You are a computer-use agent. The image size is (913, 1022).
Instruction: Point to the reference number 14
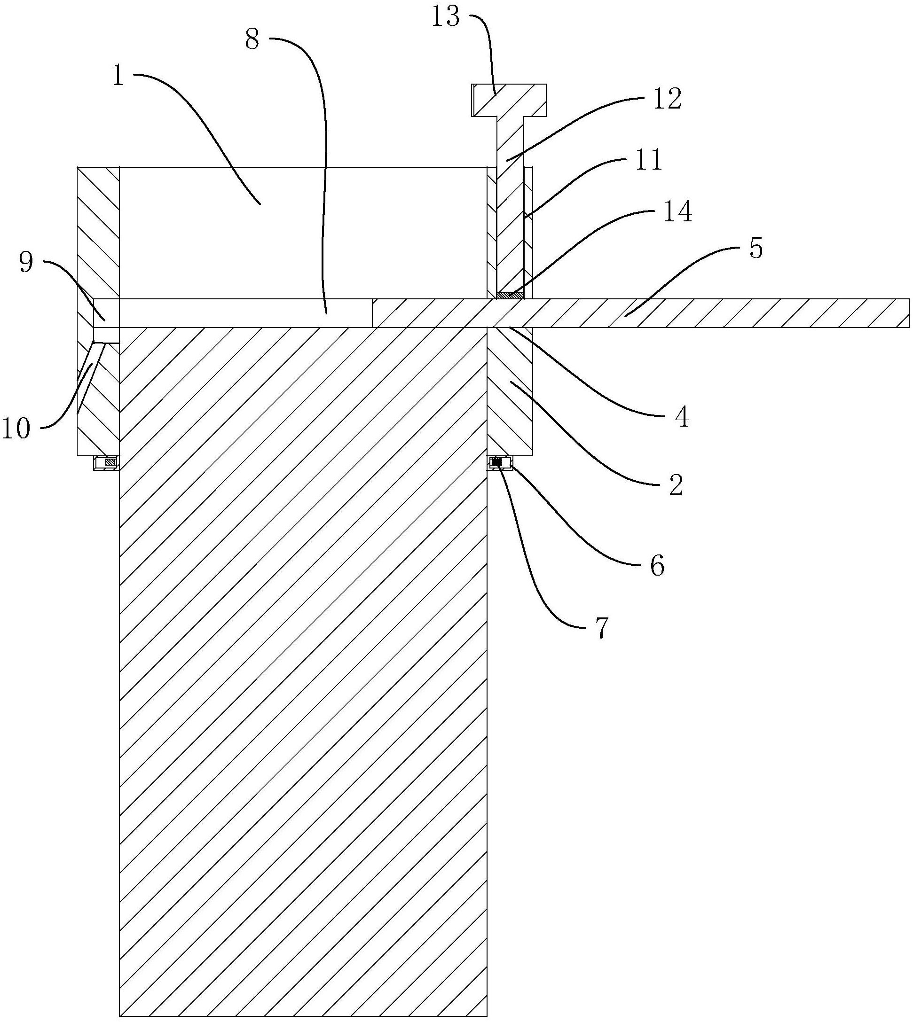(x=678, y=211)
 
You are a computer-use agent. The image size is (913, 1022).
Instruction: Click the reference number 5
(x=756, y=248)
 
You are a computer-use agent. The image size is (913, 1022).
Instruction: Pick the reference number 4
(x=681, y=417)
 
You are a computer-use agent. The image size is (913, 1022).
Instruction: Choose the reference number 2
(x=676, y=485)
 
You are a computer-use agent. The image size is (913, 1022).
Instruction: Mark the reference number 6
(x=657, y=566)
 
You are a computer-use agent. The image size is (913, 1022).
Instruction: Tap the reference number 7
(x=601, y=628)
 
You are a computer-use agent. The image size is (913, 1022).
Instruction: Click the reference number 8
(x=252, y=39)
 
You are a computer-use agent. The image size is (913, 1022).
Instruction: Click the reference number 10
(x=16, y=429)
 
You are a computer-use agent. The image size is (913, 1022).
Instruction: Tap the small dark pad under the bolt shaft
(x=510, y=296)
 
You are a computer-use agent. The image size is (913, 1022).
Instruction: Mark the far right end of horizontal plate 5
(x=909, y=313)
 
